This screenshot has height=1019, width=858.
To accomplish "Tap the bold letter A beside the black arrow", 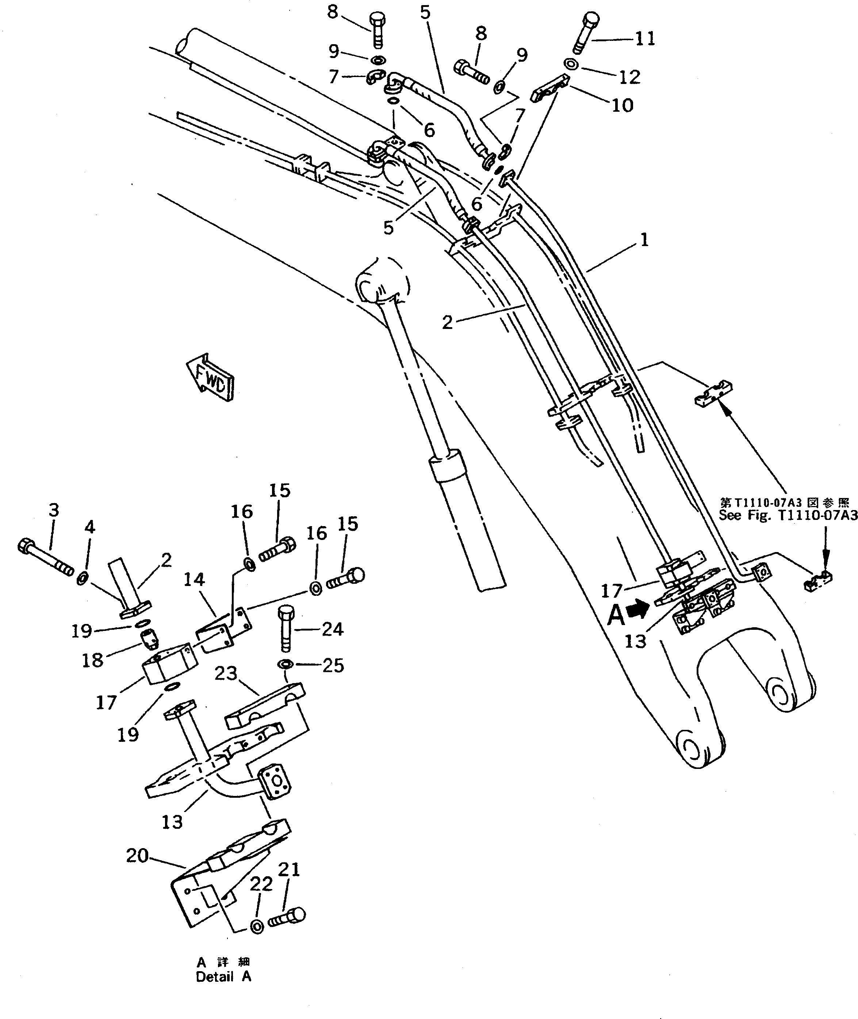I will coord(616,615).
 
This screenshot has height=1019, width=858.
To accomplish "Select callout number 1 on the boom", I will coord(644,240).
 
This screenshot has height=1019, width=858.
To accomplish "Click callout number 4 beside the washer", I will coord(90,527).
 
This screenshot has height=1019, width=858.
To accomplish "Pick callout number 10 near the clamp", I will coord(622,105).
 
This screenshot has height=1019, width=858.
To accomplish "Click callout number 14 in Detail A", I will coord(194,579).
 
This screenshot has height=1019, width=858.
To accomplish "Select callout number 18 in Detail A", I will coord(92,660).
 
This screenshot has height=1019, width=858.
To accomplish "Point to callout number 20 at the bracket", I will coord(137,855).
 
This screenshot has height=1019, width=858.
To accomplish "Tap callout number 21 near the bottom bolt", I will coord(289,869).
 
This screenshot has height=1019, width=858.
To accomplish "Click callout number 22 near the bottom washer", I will coord(261,884).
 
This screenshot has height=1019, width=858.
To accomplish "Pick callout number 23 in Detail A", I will coord(226,673).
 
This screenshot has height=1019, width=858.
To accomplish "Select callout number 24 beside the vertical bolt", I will coord(333,629).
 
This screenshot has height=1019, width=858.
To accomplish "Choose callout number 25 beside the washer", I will coord(333,665).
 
